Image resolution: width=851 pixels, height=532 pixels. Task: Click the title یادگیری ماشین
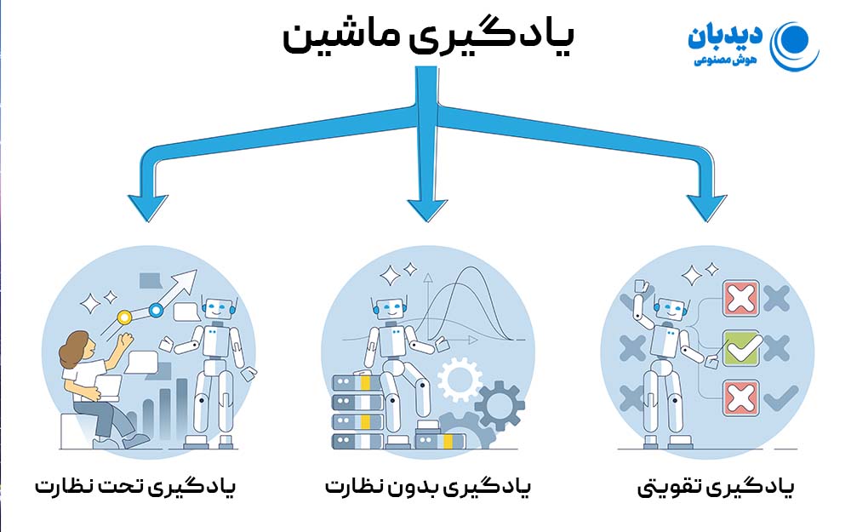pos(427,38)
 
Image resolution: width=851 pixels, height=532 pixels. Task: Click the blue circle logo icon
pos(795,43)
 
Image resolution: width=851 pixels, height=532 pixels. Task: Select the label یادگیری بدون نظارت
pos(427,488)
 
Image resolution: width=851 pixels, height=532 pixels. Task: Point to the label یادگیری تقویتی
pos(716,488)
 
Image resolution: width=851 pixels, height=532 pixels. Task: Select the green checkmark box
pos(741,347)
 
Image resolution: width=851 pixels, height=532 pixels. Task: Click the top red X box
pos(741,299)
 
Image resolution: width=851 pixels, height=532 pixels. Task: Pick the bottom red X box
pos(741,397)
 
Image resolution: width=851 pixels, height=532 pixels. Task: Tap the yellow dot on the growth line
pos(125,317)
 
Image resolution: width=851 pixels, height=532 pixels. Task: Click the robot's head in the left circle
pos(219,311)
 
